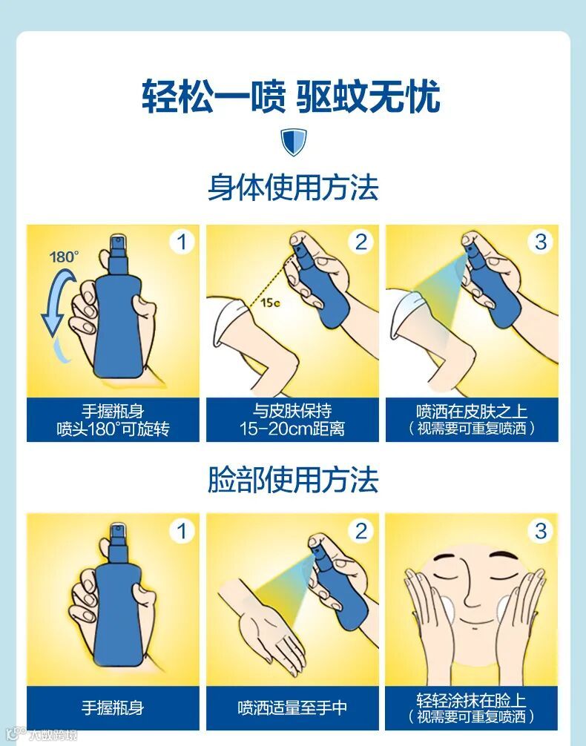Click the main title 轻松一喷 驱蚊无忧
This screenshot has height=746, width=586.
point(292,96)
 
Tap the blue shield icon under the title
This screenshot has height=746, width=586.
point(293,142)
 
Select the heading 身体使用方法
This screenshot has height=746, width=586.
point(293,188)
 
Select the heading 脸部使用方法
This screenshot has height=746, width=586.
point(293,480)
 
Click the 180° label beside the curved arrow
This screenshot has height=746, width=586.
point(65,257)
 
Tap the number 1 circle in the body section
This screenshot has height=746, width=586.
point(182,242)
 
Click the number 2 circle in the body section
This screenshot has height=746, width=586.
point(361,242)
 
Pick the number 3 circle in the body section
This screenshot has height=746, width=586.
point(541,242)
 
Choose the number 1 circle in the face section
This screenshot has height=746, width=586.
point(182,531)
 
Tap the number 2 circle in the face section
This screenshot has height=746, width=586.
point(361,531)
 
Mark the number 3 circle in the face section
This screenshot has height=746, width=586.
point(541,531)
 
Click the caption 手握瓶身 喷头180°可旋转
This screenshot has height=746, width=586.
point(113,420)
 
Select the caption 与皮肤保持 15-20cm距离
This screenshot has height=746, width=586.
point(292,420)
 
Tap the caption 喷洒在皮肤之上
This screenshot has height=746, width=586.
point(472,411)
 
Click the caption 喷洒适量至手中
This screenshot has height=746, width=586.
point(292,708)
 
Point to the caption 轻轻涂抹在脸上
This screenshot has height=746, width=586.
point(472,700)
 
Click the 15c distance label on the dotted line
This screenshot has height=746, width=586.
point(270,303)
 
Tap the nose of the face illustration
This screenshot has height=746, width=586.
point(471,590)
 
